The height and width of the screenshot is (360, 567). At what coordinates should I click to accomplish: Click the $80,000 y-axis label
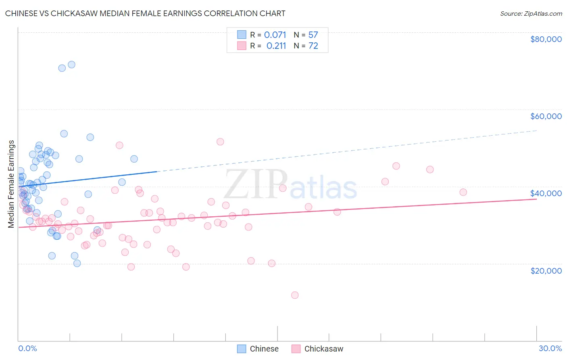(x=546, y=39)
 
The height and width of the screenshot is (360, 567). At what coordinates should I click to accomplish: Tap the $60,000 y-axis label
(x=546, y=116)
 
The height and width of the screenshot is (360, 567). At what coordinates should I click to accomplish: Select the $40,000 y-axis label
(x=546, y=193)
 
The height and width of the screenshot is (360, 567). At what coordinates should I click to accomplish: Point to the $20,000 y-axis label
(x=546, y=270)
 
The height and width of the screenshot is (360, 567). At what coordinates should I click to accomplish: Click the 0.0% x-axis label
(x=27, y=348)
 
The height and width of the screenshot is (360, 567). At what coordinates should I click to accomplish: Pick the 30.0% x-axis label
(x=550, y=348)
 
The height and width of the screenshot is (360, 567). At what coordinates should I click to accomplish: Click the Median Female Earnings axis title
(x=11, y=184)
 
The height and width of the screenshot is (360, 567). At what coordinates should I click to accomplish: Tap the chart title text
(x=145, y=13)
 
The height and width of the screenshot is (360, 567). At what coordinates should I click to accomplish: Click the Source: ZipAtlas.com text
(x=531, y=13)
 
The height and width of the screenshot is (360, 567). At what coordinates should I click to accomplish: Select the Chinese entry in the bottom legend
(x=264, y=349)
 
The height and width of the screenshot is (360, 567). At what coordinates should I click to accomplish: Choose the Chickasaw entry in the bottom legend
(x=323, y=349)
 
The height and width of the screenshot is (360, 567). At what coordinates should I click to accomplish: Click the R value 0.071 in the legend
(x=275, y=35)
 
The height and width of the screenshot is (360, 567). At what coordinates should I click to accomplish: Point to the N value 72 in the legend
(x=313, y=46)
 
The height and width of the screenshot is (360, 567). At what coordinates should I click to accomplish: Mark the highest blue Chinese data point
(x=71, y=65)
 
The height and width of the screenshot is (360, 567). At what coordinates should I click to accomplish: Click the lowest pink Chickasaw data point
(x=295, y=295)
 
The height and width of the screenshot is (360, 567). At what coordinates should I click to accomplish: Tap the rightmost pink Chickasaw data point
(x=463, y=192)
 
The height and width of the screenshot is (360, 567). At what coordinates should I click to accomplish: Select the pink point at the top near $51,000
(x=220, y=142)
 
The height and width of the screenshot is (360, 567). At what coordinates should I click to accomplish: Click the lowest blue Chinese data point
(x=77, y=263)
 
